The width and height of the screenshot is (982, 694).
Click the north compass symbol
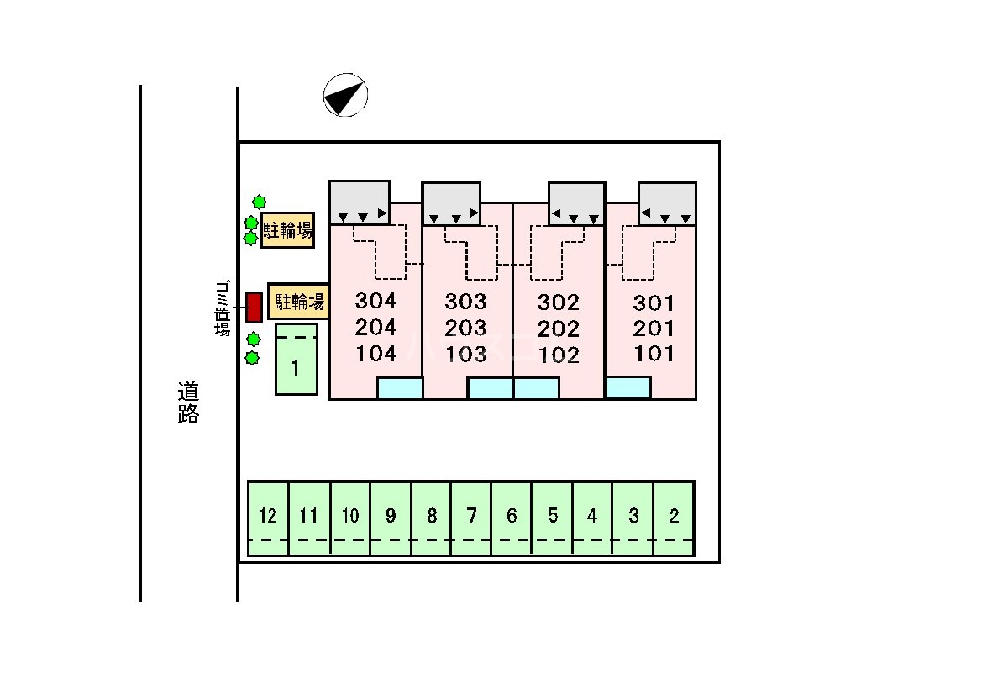(345, 95)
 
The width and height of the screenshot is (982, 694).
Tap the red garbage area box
(254, 308)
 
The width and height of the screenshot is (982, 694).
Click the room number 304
(375, 301)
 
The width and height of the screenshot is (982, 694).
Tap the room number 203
(466, 329)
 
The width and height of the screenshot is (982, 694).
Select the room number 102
(559, 355)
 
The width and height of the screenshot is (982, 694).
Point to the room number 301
(654, 302)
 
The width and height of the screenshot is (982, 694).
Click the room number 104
(375, 354)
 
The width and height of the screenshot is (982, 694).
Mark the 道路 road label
(188, 402)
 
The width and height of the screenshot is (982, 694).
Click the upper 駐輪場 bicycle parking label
(288, 230)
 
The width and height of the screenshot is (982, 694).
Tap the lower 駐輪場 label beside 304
(297, 301)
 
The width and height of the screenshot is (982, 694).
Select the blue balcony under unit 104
(399, 388)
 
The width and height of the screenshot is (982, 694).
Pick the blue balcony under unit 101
(628, 387)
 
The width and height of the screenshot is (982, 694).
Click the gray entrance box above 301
(667, 203)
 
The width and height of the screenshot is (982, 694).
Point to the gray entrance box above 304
(360, 202)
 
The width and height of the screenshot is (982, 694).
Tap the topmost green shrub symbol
(259, 202)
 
